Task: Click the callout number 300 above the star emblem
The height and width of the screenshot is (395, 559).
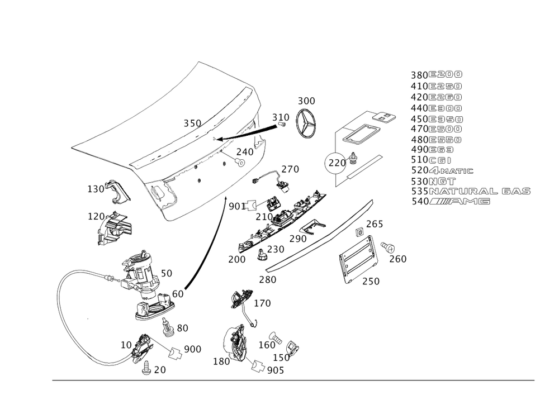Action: click(306, 101)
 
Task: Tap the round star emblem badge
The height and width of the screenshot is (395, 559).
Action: click(306, 123)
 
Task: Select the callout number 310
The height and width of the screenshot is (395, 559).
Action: click(281, 118)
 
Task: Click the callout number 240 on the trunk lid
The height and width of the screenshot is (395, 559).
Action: click(244, 151)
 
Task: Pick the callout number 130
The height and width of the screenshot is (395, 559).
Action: click(96, 189)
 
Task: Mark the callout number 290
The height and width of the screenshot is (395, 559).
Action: click(298, 239)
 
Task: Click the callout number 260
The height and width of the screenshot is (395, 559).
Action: click(398, 259)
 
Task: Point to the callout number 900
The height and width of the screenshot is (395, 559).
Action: click(192, 349)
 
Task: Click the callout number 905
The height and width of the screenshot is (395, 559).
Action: click(276, 370)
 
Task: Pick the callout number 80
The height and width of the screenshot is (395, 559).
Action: click(182, 327)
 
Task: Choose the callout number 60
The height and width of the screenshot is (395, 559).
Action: click(178, 293)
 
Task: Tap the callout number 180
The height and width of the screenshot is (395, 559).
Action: click(221, 361)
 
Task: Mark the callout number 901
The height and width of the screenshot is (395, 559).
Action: click(234, 207)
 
